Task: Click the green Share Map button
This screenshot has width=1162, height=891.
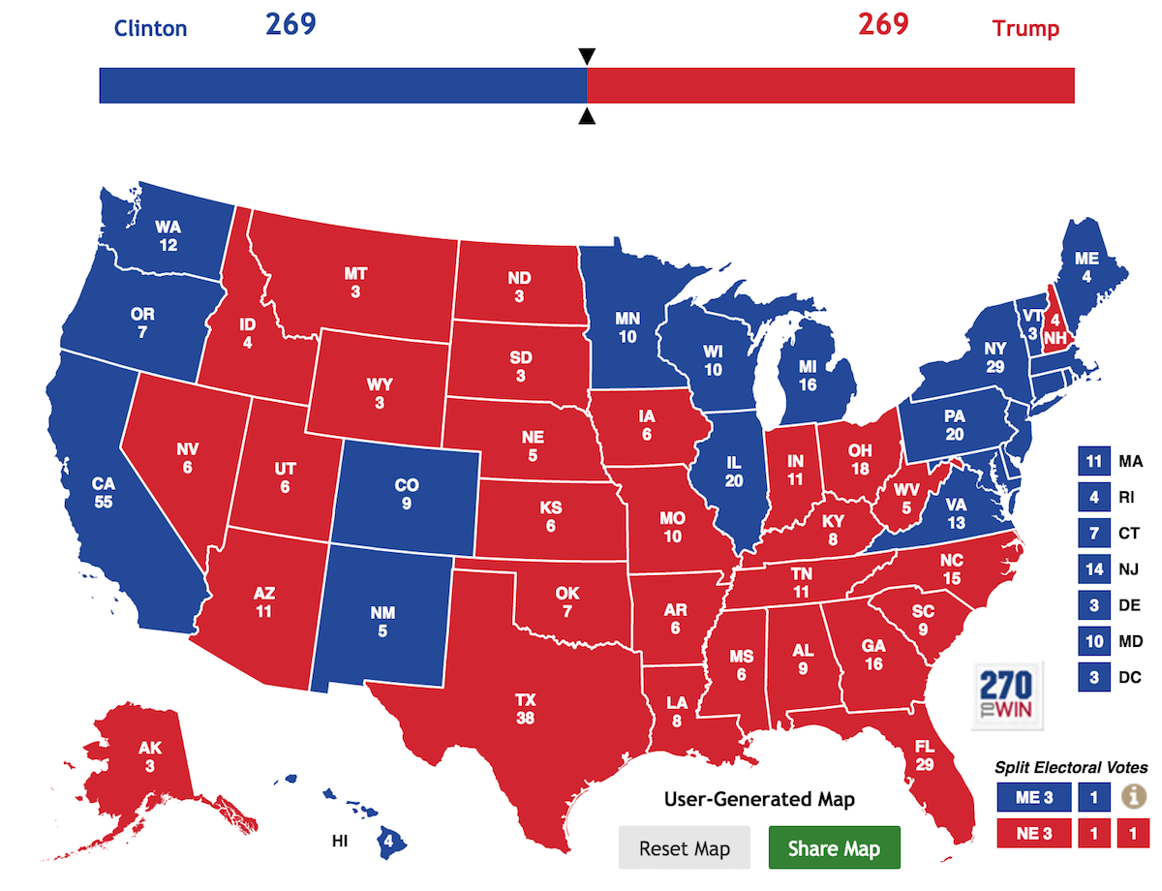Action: (834, 848)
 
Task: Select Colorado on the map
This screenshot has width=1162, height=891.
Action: (407, 494)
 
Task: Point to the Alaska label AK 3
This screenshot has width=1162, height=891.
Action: (149, 756)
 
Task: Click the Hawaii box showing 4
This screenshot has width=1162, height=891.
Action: (388, 840)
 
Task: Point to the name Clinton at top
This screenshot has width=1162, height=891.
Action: (150, 27)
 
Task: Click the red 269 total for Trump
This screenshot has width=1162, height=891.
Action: (883, 23)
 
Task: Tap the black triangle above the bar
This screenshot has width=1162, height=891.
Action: (587, 56)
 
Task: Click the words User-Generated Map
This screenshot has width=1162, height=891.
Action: (760, 799)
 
